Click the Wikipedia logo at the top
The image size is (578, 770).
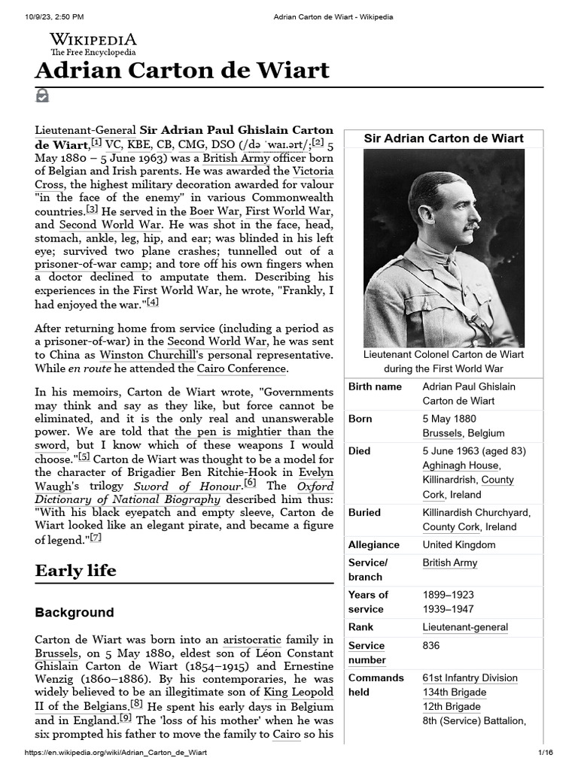93,44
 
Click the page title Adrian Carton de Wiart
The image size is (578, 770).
182,71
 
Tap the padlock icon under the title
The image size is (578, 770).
42,96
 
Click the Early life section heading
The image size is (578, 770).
76,571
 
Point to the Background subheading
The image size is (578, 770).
75,612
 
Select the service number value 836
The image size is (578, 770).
431,645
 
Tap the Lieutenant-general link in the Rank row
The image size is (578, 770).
465,627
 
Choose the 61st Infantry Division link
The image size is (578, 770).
470,678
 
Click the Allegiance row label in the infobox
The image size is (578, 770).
374,544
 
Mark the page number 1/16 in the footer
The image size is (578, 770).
545,753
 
